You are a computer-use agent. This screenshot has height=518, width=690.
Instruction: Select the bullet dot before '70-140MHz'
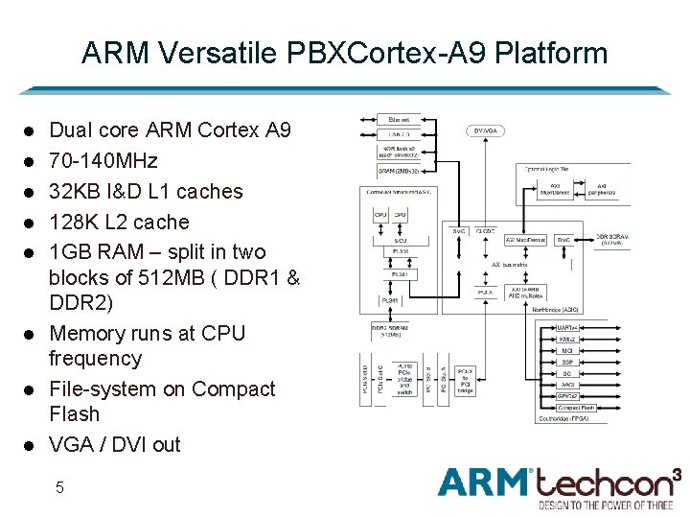(x=30, y=160)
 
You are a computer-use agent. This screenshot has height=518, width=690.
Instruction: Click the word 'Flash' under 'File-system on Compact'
(x=74, y=413)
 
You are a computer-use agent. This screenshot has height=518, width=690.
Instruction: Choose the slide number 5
(x=59, y=487)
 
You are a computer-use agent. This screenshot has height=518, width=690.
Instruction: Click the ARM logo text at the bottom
(x=485, y=482)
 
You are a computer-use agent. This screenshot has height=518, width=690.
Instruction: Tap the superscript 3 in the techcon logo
(x=677, y=473)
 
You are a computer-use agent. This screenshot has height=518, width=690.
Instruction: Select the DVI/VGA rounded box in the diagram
(x=487, y=130)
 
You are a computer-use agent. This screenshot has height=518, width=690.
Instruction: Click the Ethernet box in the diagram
(x=400, y=119)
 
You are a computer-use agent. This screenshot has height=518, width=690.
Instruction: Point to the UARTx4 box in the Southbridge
(x=566, y=327)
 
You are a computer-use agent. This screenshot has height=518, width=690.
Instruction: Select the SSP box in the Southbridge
(x=566, y=362)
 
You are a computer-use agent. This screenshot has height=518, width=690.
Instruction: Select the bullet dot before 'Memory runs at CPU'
(x=30, y=333)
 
